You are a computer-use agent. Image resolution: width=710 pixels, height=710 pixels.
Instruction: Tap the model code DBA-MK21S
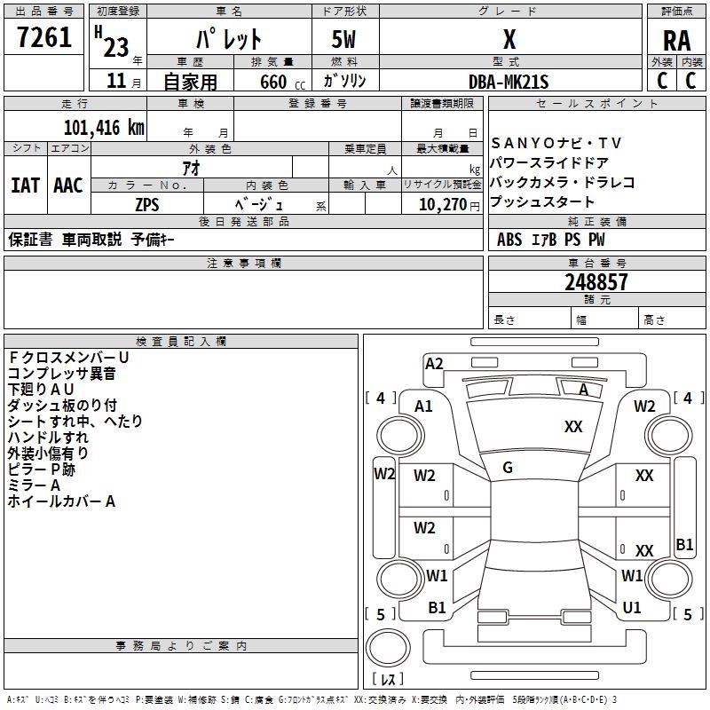point(509,82)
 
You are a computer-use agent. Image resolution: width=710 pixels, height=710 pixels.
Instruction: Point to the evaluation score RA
point(676,40)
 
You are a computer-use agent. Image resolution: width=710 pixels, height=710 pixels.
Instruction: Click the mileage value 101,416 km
point(104,127)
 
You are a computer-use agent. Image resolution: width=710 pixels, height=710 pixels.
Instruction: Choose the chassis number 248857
point(596,282)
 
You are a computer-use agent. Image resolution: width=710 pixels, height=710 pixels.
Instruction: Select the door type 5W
point(344,39)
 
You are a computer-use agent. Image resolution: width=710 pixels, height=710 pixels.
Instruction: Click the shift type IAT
point(25,185)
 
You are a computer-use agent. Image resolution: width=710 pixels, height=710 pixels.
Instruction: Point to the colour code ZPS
point(146,204)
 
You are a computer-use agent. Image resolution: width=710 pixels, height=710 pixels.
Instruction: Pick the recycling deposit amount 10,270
point(440,204)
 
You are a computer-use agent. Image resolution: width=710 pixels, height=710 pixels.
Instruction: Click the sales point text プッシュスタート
point(543,202)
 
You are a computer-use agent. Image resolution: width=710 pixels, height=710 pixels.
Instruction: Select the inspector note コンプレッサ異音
point(61,374)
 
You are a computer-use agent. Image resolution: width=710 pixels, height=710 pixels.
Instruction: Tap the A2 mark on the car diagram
point(434,363)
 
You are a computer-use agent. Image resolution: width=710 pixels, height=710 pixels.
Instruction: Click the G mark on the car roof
point(508,468)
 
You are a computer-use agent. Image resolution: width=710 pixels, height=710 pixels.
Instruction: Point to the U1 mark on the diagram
point(632,608)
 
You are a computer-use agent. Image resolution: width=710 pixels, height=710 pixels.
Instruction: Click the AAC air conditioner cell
point(68,185)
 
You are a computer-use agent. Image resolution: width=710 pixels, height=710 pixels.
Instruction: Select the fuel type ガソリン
point(345,82)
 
